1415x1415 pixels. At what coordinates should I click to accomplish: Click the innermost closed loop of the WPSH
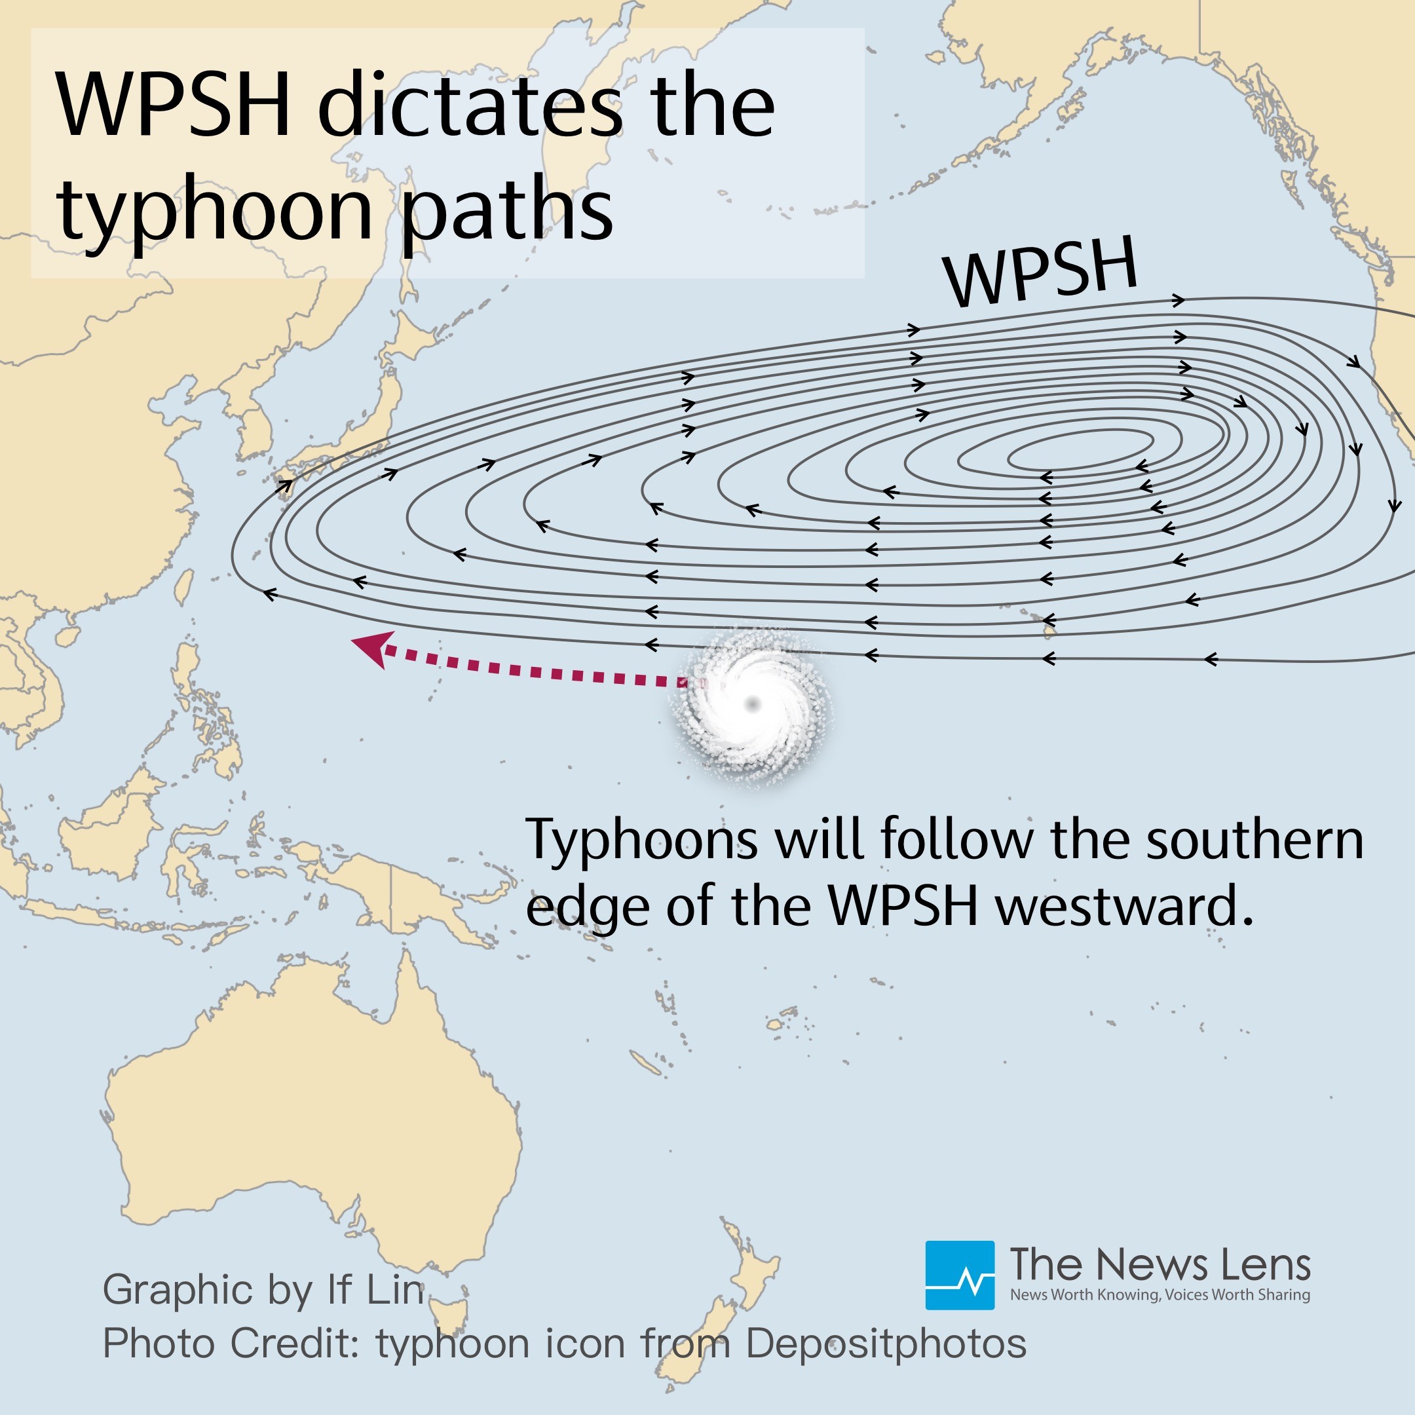coord(1080,449)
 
